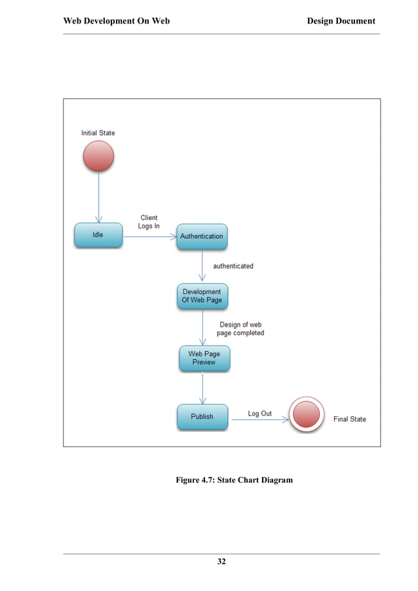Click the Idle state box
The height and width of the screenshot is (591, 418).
click(98, 235)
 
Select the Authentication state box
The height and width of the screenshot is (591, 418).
click(202, 236)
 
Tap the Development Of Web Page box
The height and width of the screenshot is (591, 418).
click(202, 296)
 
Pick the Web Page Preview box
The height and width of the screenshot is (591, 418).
click(204, 358)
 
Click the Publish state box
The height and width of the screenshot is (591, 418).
click(202, 416)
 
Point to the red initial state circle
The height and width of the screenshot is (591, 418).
click(98, 156)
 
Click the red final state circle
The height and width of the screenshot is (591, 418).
click(307, 415)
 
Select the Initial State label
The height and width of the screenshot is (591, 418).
click(98, 133)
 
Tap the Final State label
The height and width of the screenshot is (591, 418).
click(349, 419)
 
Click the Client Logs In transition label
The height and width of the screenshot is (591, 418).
click(149, 222)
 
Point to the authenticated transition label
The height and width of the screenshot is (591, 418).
click(233, 266)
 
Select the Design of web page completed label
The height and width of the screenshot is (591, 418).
click(240, 329)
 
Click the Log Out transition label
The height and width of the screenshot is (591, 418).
click(259, 414)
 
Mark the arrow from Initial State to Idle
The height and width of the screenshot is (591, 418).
click(99, 196)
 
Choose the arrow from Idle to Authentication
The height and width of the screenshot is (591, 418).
click(149, 236)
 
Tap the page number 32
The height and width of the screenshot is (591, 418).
click(221, 562)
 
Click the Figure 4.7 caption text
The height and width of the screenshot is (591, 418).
click(234, 480)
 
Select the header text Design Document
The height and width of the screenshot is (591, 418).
click(341, 21)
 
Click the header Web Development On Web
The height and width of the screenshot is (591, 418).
click(116, 21)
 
